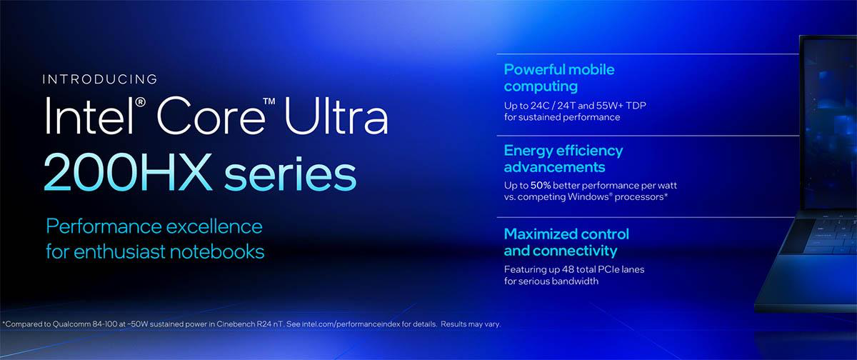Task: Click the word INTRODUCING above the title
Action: [99, 79]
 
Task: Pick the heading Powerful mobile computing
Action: [558, 78]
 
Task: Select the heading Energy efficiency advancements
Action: [563, 159]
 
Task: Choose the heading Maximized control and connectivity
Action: [566, 242]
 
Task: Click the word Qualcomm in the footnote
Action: [66, 324]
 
